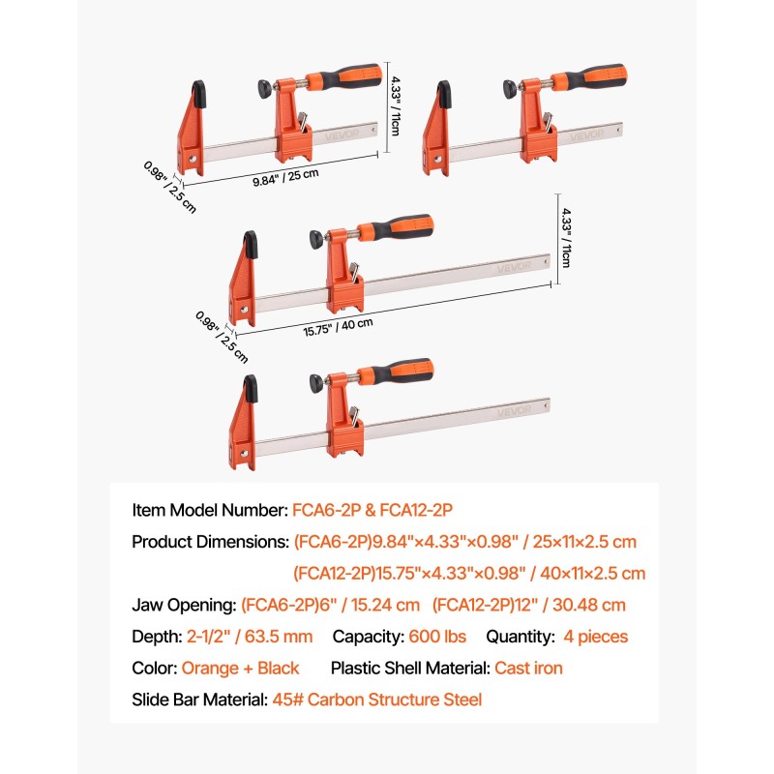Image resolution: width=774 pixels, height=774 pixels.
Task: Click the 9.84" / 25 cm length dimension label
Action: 285,177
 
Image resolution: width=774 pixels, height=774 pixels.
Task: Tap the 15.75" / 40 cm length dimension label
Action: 338,327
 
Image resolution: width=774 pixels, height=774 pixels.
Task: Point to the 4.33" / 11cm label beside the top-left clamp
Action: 396,105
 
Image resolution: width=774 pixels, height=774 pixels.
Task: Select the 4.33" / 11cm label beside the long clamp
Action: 566,237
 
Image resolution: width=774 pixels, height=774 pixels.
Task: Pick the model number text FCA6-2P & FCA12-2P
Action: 372,510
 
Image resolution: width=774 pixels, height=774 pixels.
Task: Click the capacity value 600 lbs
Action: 437,637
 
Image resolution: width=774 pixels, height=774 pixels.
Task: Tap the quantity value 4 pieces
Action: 595,637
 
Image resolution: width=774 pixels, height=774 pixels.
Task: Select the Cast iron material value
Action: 528,668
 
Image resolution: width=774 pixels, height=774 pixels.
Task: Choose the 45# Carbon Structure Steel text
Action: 377,700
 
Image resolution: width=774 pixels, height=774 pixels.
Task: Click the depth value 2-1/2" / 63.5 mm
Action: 250,637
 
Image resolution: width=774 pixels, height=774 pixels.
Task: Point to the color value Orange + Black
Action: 240,668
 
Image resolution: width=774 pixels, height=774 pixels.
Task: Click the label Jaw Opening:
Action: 184,606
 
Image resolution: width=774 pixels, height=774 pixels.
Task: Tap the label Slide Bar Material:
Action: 200,700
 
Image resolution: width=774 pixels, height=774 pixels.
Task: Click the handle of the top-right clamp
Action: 589,77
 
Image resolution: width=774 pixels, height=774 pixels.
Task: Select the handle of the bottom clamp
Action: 395,372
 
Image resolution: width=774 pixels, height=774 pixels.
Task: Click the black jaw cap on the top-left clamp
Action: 199,94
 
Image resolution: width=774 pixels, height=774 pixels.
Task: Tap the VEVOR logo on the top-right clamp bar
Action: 587,134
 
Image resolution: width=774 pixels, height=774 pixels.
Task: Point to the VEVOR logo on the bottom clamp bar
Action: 514,410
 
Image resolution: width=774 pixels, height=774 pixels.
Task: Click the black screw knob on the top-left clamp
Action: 265,88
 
